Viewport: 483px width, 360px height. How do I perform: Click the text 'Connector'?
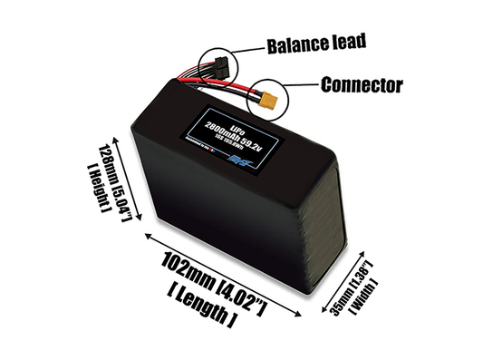click(x=361, y=87)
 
